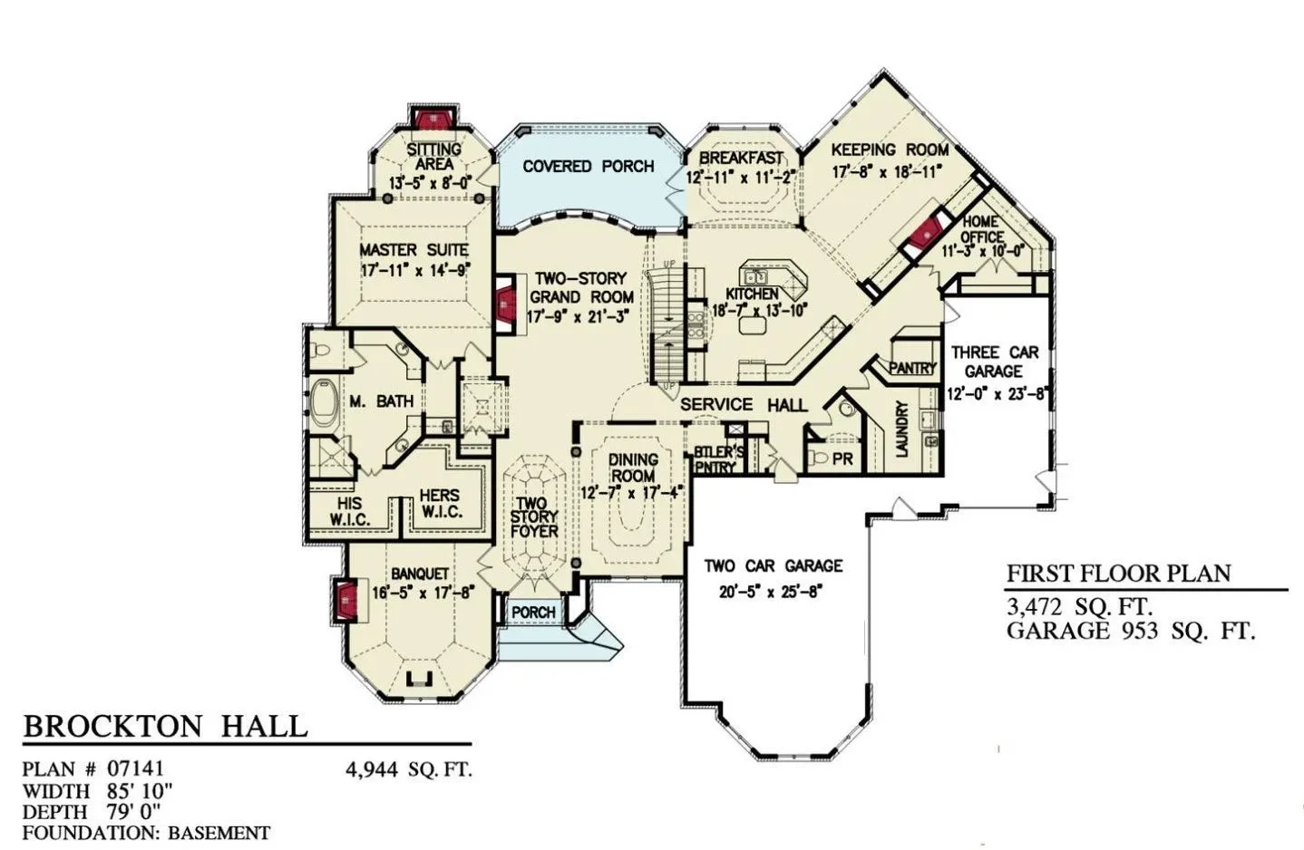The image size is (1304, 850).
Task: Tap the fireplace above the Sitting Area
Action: pos(433,119)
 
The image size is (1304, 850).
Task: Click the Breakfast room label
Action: pos(741,158)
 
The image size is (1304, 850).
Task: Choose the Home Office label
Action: pos(982,229)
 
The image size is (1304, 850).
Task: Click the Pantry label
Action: pos(911,368)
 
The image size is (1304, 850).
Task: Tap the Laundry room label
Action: pos(901,429)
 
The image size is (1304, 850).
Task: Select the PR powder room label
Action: pos(842,459)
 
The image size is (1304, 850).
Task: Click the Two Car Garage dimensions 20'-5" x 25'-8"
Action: pos(770,593)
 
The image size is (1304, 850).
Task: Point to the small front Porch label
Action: pos(533,612)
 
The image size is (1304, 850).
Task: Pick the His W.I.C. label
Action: pos(350,511)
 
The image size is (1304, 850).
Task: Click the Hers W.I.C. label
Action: pos(441,503)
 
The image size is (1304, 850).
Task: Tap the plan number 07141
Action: pos(135,768)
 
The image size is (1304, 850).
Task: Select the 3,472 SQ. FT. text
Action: pos(1080,607)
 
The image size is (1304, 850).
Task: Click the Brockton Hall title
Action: pos(165,726)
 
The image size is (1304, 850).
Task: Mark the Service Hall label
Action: pos(744,404)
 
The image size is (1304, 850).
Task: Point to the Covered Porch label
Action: pos(588,167)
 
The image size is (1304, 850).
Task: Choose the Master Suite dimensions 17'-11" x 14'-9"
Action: pos(414,271)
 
